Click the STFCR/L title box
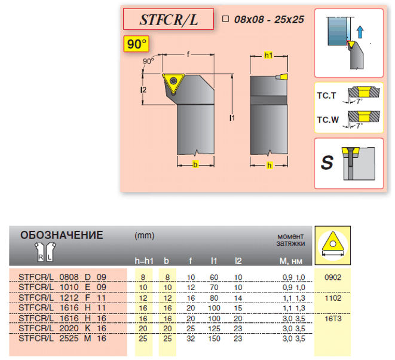(x=169, y=19)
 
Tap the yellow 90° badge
(x=136, y=44)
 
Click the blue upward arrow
(x=360, y=32)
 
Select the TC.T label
(x=326, y=96)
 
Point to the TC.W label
(x=327, y=120)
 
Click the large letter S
(x=327, y=162)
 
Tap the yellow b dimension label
(x=195, y=164)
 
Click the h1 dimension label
(x=268, y=55)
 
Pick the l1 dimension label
(x=232, y=117)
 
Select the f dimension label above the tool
(x=188, y=54)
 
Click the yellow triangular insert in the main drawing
(x=173, y=83)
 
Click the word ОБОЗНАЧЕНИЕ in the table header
(x=62, y=235)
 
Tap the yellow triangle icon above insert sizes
(x=333, y=244)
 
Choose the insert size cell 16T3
(x=333, y=319)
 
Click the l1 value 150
(x=214, y=338)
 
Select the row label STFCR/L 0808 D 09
(x=63, y=277)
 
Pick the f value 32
(x=191, y=338)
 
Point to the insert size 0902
(x=333, y=277)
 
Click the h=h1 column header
(x=144, y=261)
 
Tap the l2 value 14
(x=238, y=298)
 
